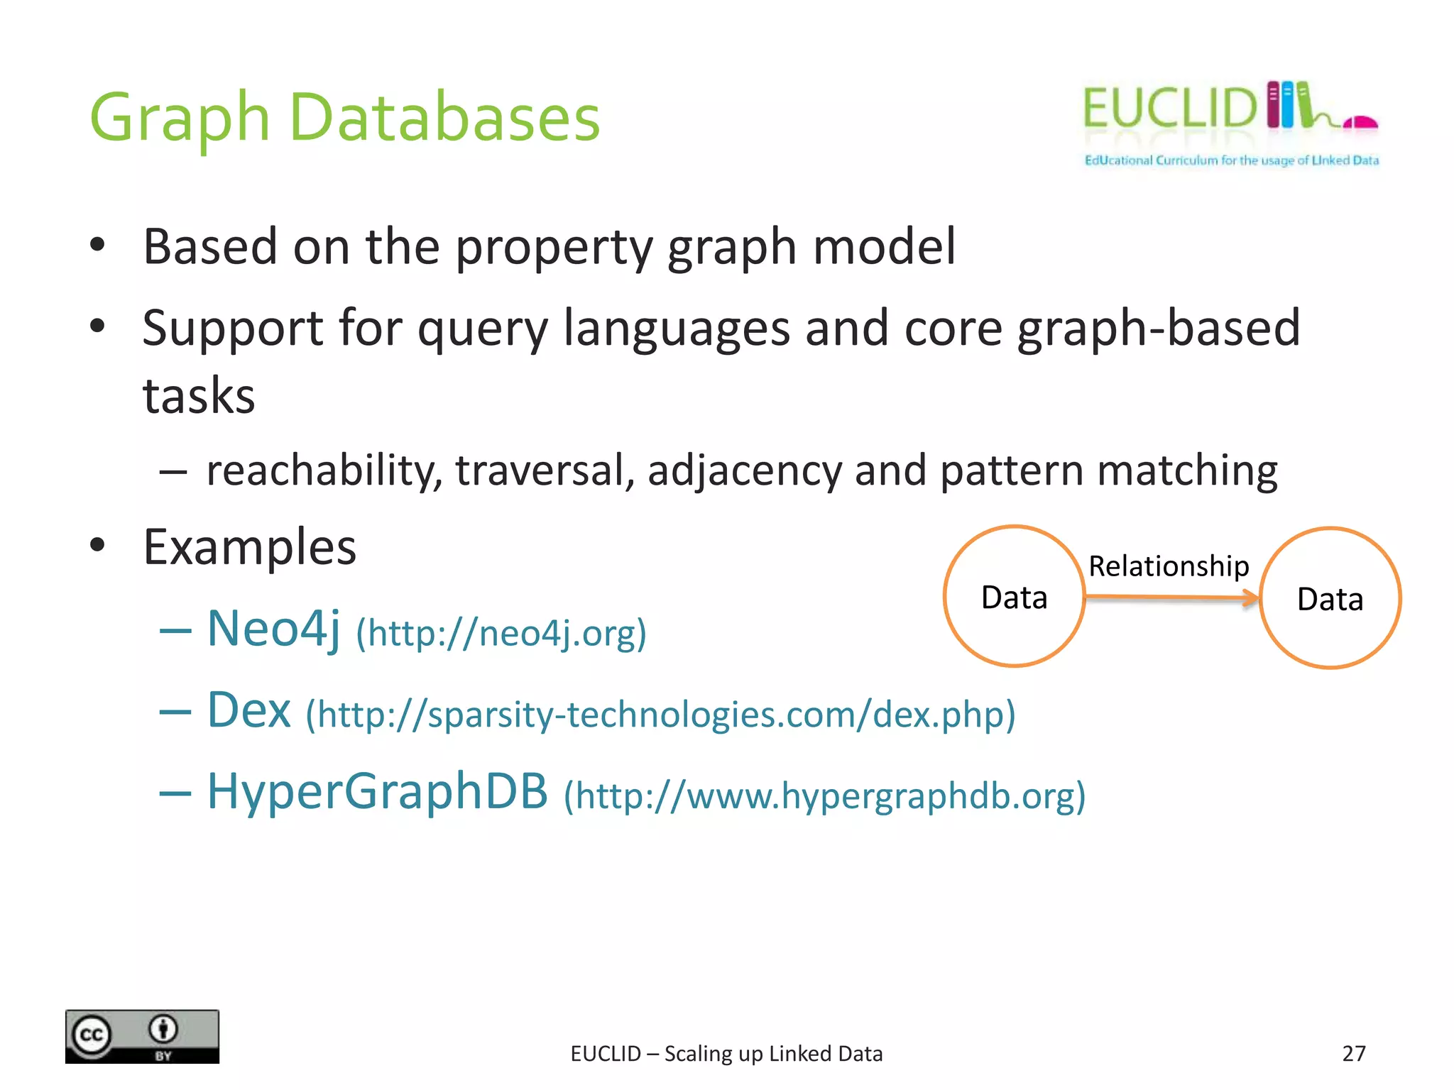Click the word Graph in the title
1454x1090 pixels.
[179, 119]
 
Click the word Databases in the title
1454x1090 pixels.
[444, 119]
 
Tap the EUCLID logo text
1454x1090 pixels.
[1169, 109]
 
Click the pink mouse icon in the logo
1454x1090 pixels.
[1360, 122]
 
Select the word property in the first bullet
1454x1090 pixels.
[554, 248]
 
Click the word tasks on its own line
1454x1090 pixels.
[199, 396]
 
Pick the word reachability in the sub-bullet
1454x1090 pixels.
[324, 470]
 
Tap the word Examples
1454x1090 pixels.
[249, 548]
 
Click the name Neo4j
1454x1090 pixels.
[273, 629]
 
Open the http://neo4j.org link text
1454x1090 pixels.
[501, 633]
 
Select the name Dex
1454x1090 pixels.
[248, 710]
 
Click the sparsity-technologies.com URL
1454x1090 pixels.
[660, 715]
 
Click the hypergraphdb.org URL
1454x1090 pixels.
[824, 796]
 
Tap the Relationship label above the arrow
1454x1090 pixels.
[1169, 566]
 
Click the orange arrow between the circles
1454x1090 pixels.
[1171, 598]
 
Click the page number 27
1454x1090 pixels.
[1353, 1053]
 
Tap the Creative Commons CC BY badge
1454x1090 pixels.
[142, 1036]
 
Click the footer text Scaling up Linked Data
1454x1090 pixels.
[773, 1054]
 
